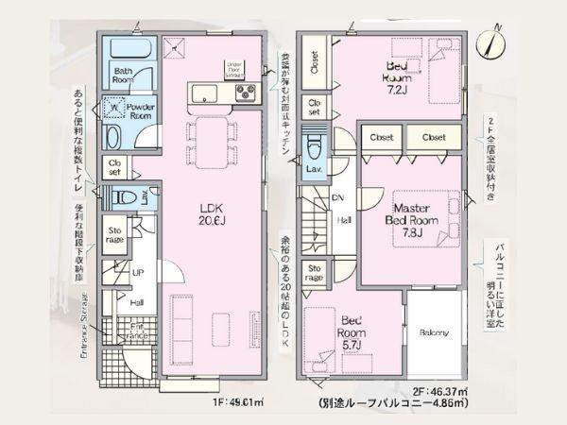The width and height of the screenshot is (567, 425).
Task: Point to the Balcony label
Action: point(434,331)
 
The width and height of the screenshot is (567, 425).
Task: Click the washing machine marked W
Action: point(113,107)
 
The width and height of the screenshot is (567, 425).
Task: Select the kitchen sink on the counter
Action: point(204,93)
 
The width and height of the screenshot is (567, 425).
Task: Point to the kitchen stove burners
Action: point(246,93)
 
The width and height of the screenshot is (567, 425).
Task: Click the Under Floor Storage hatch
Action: point(232,68)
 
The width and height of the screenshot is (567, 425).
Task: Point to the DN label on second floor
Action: point(337,197)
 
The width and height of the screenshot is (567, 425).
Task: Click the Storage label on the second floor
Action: point(315,273)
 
